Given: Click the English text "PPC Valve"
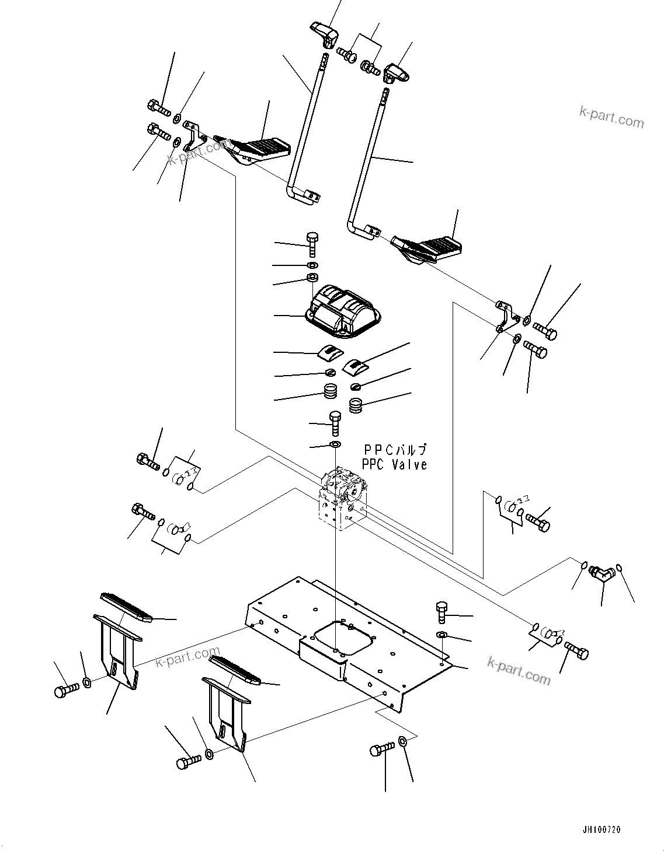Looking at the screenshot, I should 394,465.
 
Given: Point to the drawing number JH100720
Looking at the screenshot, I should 601,829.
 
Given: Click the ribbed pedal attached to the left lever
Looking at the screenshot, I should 254,149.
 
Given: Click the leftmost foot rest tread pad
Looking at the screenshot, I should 126,607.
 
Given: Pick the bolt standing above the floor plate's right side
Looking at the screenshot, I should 441,613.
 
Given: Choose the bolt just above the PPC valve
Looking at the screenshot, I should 335,422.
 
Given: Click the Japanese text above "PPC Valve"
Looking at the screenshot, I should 395,450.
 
